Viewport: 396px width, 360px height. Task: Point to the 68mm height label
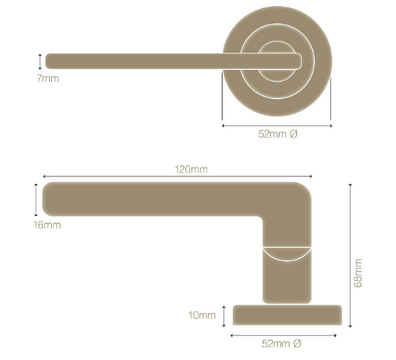coord(359,273)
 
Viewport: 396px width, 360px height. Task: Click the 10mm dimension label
coord(201,315)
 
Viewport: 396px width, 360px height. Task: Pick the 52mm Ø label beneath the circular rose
coord(278,135)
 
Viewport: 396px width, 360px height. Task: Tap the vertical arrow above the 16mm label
coord(35,201)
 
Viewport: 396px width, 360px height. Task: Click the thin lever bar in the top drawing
coord(134,60)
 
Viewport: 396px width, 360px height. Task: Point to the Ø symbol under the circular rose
coord(293,135)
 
